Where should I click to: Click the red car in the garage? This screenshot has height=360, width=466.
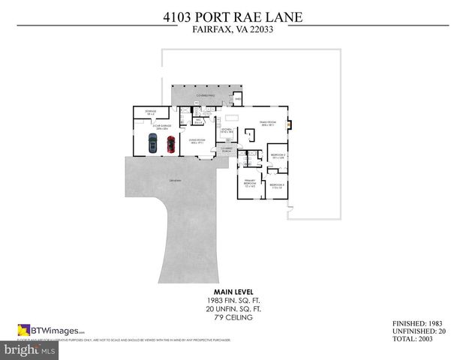pos(170,143)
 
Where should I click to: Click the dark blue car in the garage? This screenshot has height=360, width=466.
pos(152,143)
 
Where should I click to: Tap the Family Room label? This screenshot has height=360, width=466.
pos(268,124)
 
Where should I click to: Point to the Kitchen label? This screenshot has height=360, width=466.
pos(226,130)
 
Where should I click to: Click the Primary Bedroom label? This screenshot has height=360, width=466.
pos(249,183)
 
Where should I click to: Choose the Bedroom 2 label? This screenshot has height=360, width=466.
pos(277,156)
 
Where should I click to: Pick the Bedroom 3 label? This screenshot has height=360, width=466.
pos(277,184)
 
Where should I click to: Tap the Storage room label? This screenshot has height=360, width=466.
pos(140,112)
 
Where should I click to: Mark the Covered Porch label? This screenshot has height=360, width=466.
pos(227,150)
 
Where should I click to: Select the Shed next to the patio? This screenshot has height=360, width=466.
pos(238,99)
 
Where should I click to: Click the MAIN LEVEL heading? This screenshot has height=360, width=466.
pos(233,291)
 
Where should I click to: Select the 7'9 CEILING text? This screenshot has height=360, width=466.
pos(233,318)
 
